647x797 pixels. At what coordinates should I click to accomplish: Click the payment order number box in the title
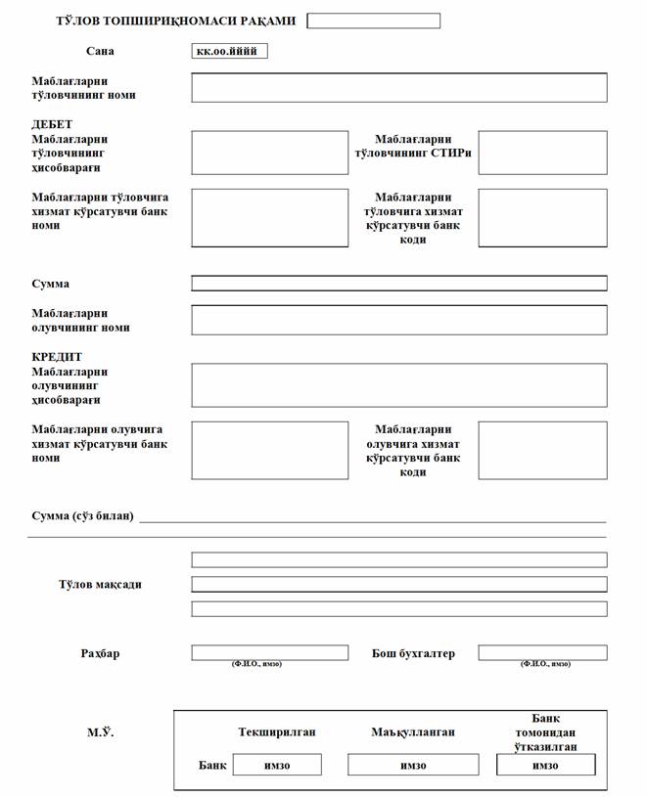click(373, 21)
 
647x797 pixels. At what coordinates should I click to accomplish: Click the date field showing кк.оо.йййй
click(230, 51)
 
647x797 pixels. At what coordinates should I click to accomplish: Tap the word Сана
click(100, 51)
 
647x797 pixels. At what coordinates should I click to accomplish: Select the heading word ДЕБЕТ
click(51, 124)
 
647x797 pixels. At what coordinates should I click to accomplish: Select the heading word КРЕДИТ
click(57, 357)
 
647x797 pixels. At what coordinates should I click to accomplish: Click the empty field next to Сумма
click(398, 284)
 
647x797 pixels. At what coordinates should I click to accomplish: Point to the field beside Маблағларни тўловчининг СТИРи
click(542, 153)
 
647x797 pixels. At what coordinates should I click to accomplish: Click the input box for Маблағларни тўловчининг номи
click(398, 87)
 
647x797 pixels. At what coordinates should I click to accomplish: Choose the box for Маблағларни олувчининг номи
click(398, 320)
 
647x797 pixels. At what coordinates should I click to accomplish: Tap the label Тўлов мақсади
click(101, 585)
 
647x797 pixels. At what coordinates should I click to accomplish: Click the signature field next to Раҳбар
click(269, 652)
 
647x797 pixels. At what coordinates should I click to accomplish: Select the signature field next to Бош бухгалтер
click(542, 652)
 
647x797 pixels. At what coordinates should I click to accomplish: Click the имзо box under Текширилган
click(277, 765)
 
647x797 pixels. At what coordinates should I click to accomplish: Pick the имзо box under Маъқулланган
click(413, 765)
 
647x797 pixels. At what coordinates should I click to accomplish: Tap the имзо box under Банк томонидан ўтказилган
click(545, 765)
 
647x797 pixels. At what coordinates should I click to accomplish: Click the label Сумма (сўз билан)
click(82, 515)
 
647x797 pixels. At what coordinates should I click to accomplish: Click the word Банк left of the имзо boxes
click(212, 765)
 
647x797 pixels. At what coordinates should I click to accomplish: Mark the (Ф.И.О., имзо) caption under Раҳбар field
click(256, 665)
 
